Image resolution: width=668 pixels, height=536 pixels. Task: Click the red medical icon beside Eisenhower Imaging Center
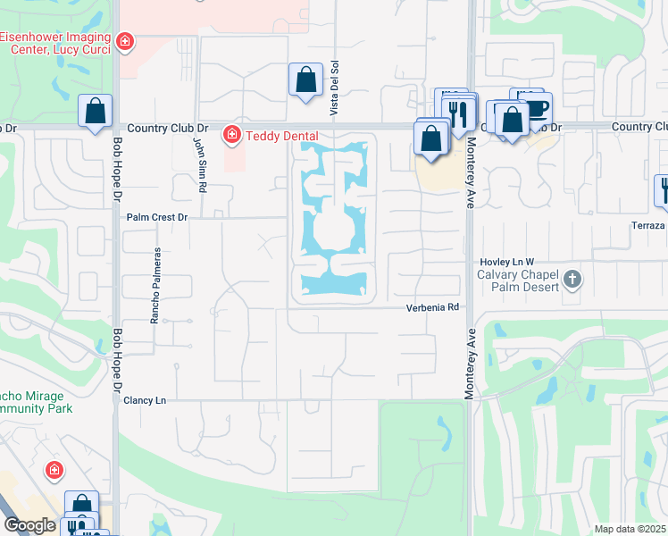pyautogui.click(x=125, y=41)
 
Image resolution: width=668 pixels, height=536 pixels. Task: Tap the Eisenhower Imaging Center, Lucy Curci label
pyautogui.click(x=57, y=43)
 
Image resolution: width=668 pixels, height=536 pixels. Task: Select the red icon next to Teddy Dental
pyautogui.click(x=231, y=135)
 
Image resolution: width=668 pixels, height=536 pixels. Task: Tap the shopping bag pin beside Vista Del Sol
pyautogui.click(x=305, y=80)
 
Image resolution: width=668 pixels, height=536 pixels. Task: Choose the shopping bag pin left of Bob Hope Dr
pyautogui.click(x=95, y=113)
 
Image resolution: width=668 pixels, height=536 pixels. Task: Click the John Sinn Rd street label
pyautogui.click(x=201, y=166)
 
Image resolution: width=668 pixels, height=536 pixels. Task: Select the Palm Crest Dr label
pyautogui.click(x=158, y=217)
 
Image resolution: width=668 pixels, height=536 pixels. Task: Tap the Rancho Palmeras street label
pyautogui.click(x=155, y=285)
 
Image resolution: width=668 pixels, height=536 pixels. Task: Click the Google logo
pyautogui.click(x=29, y=525)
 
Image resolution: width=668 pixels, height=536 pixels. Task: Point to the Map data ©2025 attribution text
pyautogui.click(x=630, y=529)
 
